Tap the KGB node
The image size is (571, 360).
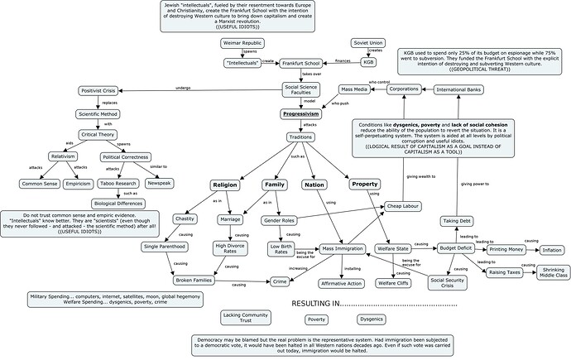(x=368, y=62)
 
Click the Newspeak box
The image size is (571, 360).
(x=158, y=183)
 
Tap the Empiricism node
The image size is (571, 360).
(x=78, y=183)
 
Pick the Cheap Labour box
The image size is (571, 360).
(x=405, y=205)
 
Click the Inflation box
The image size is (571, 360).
(x=552, y=249)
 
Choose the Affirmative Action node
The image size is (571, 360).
(x=341, y=284)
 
